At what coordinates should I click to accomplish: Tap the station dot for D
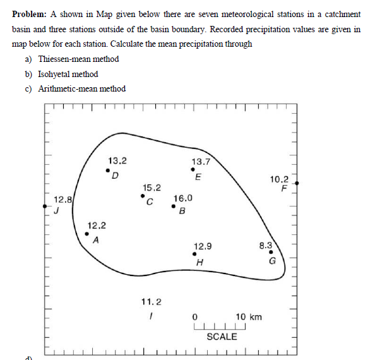click(107, 169)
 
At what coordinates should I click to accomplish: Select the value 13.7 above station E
click(201, 162)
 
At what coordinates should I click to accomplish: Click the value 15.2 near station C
click(152, 188)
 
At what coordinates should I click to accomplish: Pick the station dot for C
click(143, 196)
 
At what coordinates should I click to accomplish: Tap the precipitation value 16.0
click(182, 198)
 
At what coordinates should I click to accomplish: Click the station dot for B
click(174, 206)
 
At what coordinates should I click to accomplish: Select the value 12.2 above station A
click(97, 225)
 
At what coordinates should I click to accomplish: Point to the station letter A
click(95, 241)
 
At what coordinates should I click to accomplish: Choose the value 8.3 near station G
click(265, 245)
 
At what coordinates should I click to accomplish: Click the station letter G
click(273, 261)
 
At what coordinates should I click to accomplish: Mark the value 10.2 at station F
click(278, 179)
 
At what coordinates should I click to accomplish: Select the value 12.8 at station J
click(63, 200)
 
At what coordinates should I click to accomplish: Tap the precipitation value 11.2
click(152, 302)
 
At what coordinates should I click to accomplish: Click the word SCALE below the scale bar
click(222, 337)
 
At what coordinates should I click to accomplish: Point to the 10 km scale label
click(248, 316)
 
